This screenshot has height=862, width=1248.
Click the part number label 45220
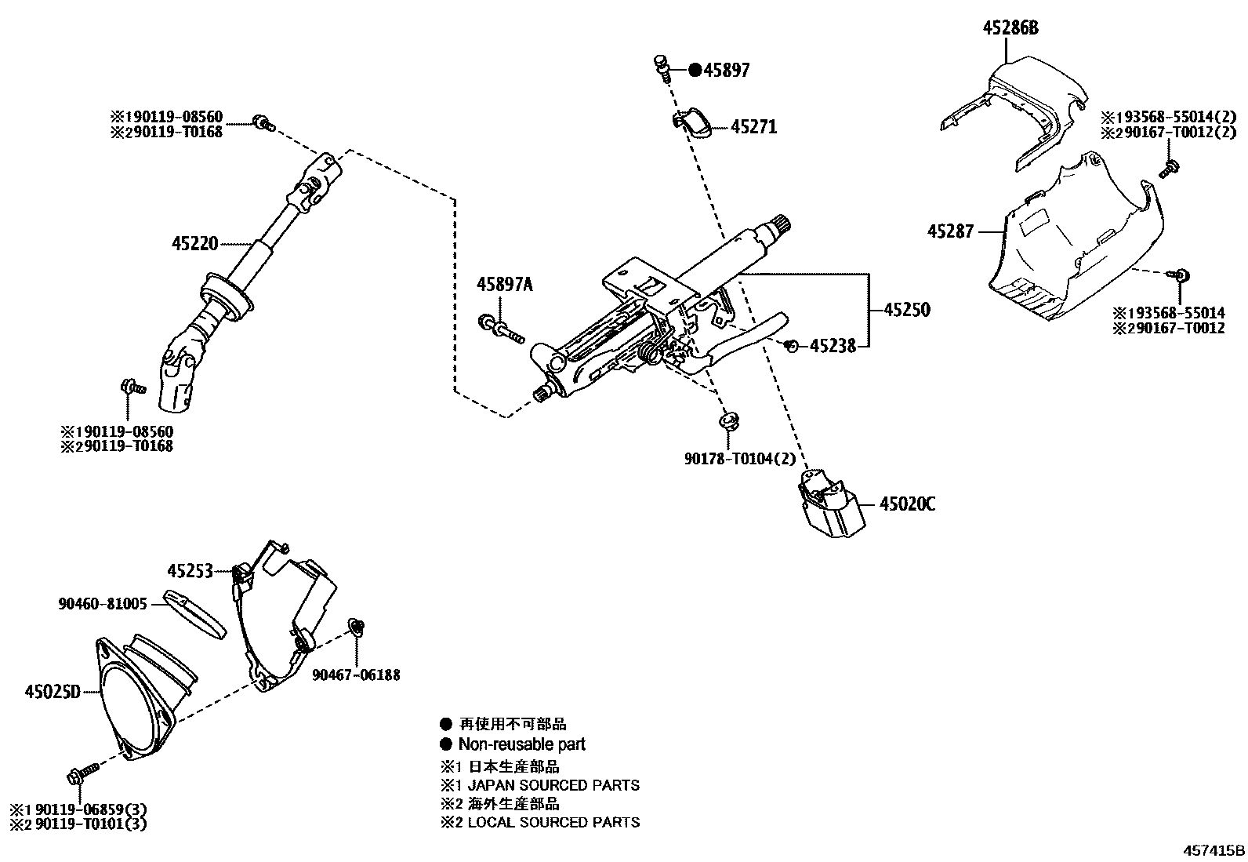click(x=194, y=243)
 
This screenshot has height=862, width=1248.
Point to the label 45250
click(x=906, y=310)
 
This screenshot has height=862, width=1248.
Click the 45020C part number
click(x=906, y=504)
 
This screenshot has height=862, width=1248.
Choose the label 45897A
click(x=504, y=285)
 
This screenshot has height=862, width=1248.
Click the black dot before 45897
click(x=695, y=71)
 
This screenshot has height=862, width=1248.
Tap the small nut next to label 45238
click(x=792, y=345)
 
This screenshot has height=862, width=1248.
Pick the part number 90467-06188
click(x=355, y=675)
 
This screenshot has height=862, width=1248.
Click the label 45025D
click(x=53, y=692)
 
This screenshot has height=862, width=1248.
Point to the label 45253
click(x=190, y=571)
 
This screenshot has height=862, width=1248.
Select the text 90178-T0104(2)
click(x=729, y=458)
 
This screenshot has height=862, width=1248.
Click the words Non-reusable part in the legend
click(x=521, y=744)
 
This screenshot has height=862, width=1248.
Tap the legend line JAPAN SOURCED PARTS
click(x=553, y=785)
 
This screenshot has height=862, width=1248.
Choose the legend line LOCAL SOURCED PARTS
click(x=553, y=823)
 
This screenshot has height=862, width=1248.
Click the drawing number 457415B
click(x=1214, y=850)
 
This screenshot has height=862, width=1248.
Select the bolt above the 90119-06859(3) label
click(x=79, y=775)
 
